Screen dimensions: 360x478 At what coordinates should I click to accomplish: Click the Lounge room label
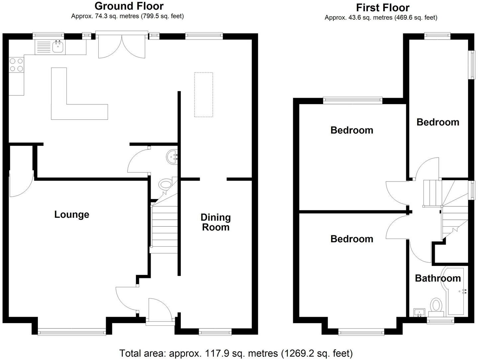pos(71,214)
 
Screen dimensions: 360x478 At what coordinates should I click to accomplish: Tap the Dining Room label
pos(215,222)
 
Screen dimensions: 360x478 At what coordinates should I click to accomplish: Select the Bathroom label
pos(437,278)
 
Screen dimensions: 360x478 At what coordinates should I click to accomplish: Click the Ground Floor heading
pos(129,6)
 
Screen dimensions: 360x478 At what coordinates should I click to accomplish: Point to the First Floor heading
pos(383,7)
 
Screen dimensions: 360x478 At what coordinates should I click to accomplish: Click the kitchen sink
pos(58,47)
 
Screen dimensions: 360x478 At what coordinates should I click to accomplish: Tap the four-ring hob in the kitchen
pos(16,65)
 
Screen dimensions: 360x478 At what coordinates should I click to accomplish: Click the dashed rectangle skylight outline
pos(203,95)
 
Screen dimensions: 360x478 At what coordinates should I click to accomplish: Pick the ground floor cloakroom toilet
pos(166,184)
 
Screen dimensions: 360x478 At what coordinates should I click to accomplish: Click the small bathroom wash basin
pos(419,312)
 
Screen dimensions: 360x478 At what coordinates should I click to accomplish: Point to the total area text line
pos(236,353)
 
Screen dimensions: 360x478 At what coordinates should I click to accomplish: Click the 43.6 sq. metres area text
pos(381,18)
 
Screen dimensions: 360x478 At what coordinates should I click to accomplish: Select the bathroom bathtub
pos(457,291)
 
